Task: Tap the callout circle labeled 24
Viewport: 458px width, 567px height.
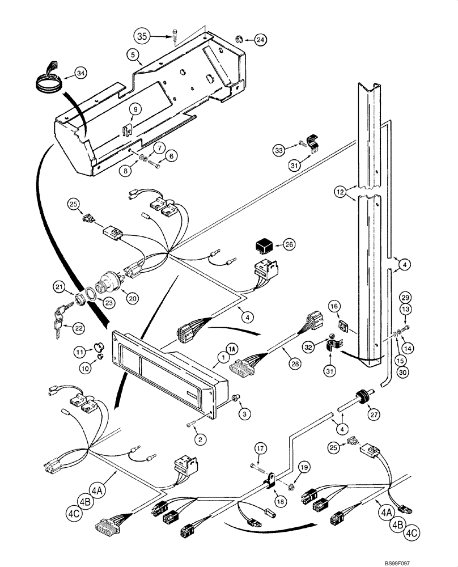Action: [x=260, y=40]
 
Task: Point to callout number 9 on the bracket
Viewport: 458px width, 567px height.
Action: [x=119, y=109]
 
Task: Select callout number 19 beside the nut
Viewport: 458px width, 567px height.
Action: [x=305, y=468]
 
